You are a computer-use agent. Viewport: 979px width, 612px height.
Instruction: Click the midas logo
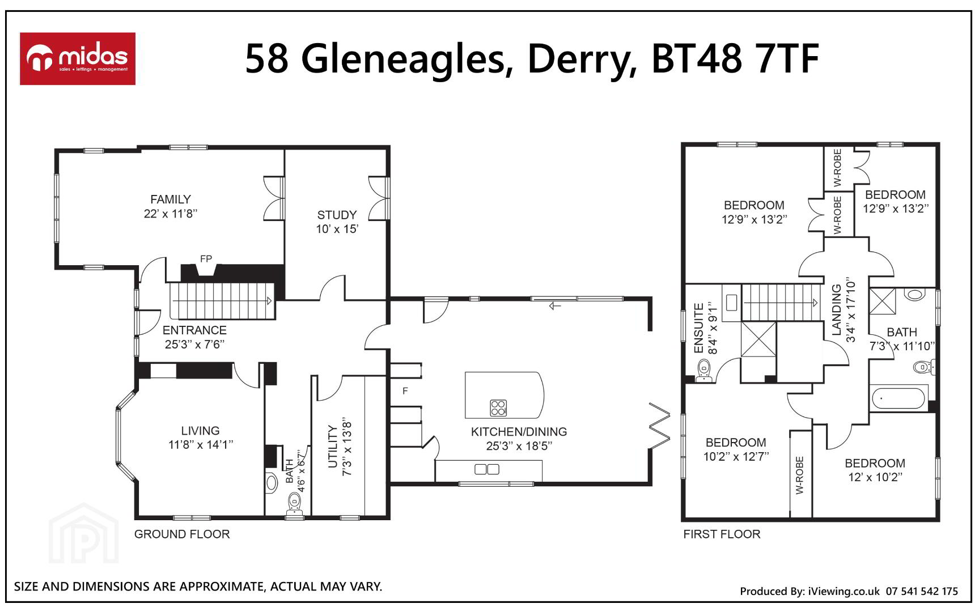coord(78,59)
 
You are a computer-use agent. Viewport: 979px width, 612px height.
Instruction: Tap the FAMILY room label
coord(171,199)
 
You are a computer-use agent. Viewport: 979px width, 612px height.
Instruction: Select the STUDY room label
coord(337,215)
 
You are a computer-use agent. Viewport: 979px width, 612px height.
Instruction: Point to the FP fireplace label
coord(206,259)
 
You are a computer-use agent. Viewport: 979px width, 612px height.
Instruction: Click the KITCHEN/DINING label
coord(519,432)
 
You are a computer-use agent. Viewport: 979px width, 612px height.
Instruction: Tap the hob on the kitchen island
coord(498,407)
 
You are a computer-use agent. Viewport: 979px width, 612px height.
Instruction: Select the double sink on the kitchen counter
coord(487,469)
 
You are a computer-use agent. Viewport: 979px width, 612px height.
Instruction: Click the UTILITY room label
coord(333,448)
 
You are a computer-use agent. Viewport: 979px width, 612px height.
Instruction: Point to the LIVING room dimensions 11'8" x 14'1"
coord(201,445)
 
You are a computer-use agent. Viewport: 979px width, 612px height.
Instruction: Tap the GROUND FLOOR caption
coord(182,534)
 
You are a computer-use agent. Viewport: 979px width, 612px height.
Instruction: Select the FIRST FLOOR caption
coord(722,534)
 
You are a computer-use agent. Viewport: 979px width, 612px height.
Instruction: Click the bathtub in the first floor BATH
coord(899,398)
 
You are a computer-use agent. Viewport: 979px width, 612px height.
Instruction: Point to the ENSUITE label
coord(699,329)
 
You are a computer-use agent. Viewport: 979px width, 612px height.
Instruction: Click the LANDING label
coord(837,310)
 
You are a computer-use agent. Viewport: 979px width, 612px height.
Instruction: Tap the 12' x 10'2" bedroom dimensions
coord(875,477)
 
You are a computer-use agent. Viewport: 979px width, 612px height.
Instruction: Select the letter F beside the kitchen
coord(405,391)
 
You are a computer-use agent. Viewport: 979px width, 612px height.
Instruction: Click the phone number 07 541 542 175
coord(922,591)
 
